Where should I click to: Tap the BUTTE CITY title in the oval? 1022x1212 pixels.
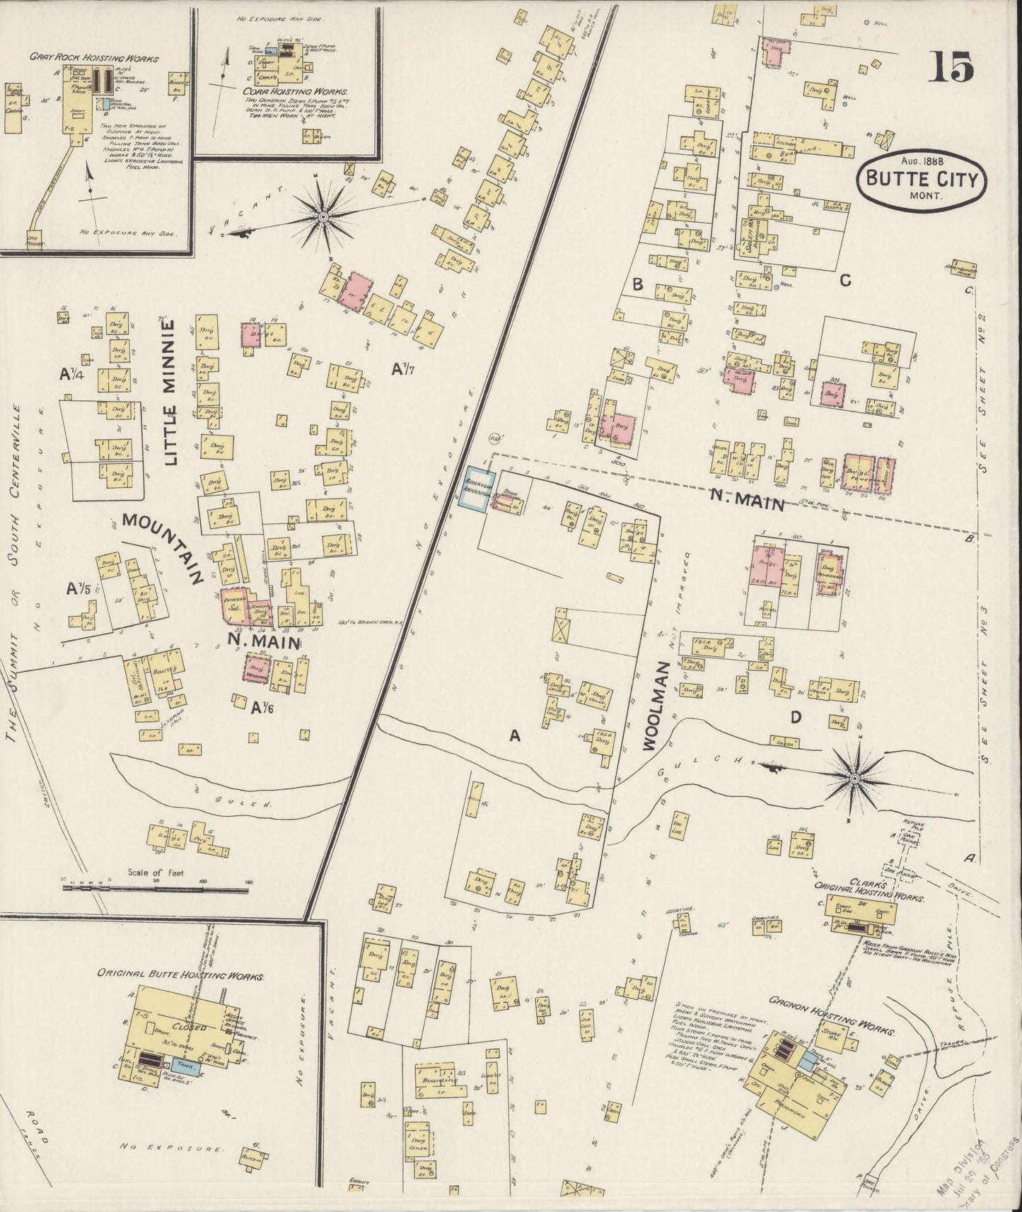[919, 180]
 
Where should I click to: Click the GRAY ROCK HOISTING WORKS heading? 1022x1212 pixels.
[94, 59]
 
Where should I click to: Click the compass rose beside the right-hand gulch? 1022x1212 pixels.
[854, 779]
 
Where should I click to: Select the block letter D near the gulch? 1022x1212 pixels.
[795, 718]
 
